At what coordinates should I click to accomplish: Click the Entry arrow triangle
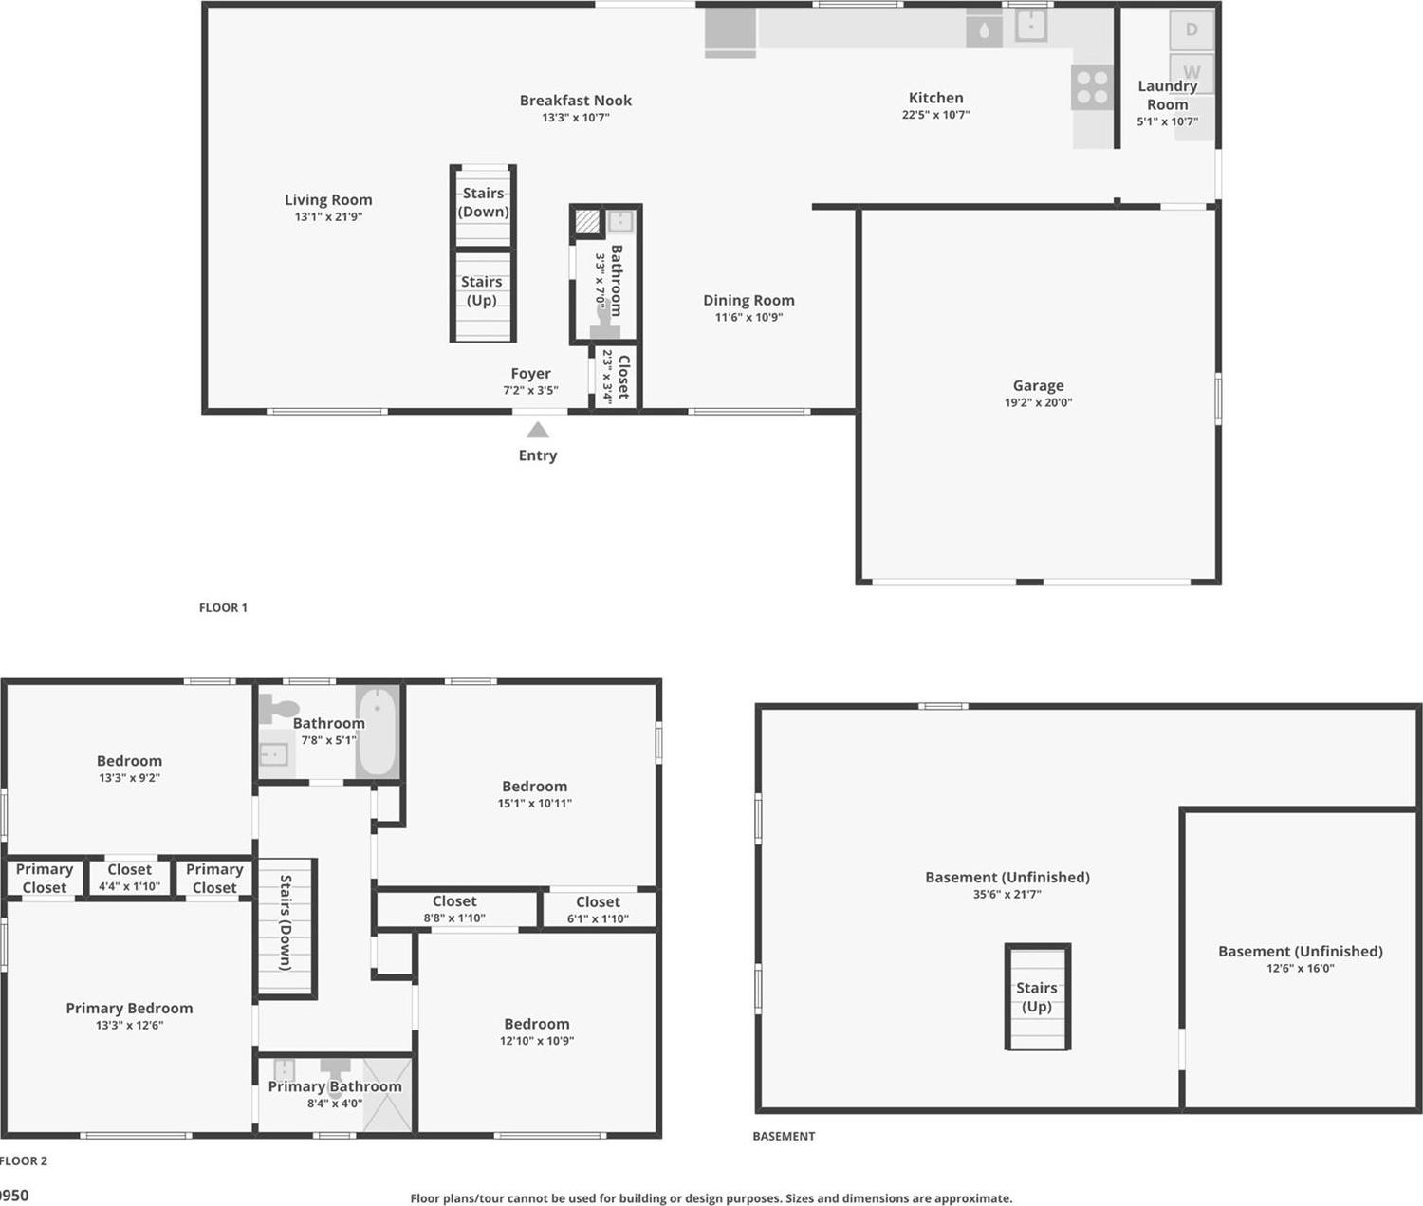[x=538, y=430]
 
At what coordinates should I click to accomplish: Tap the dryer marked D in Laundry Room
[x=1192, y=29]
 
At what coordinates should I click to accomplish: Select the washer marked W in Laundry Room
[x=1192, y=71]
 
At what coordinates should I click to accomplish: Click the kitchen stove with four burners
[x=1092, y=87]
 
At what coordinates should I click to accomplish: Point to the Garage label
[x=1038, y=385]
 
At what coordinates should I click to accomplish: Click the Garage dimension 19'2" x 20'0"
[x=1038, y=402]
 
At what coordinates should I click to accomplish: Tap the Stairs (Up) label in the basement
[x=1037, y=997]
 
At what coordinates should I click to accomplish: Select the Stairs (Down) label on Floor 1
[x=483, y=202]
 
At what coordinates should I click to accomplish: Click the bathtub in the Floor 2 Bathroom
[x=378, y=732]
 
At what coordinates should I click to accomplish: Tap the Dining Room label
[x=748, y=300]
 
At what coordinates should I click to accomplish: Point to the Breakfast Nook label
[x=575, y=100]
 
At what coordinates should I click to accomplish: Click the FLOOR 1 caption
[x=223, y=607]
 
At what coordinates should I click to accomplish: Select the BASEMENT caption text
[x=784, y=1136]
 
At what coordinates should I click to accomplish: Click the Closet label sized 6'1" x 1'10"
[x=598, y=901]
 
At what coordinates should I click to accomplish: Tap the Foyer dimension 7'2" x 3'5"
[x=530, y=390]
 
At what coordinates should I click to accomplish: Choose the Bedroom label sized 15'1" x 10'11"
[x=534, y=786]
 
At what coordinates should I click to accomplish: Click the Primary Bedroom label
[x=129, y=1008]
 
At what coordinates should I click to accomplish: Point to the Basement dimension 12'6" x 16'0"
[x=1300, y=968]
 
